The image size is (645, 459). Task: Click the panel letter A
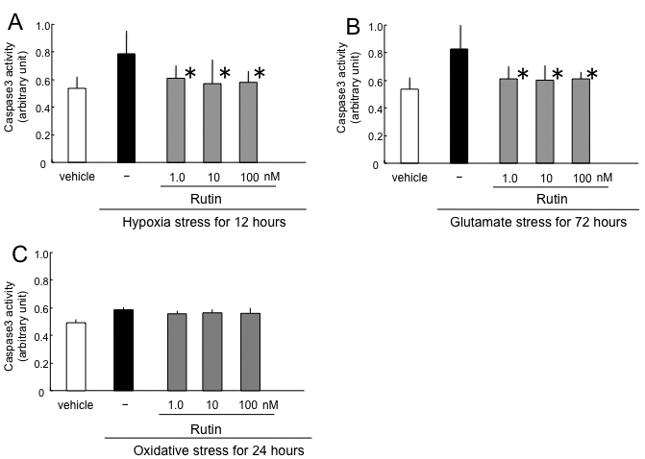(15, 22)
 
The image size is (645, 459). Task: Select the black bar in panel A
(126, 109)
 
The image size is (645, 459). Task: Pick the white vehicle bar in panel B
(409, 126)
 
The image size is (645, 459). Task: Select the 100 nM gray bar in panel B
(581, 121)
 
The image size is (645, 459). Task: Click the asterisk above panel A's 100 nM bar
(259, 73)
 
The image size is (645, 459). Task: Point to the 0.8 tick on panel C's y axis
(43, 281)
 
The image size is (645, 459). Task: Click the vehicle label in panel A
(76, 178)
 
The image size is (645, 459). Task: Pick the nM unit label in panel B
(604, 178)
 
